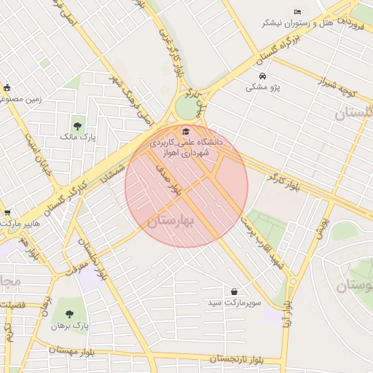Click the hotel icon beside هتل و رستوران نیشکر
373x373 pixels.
pyautogui.click(x=297, y=12)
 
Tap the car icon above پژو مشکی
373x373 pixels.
pyautogui.click(x=262, y=76)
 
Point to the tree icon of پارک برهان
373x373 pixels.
pyautogui.click(x=69, y=315)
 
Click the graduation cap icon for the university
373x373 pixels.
pyautogui.click(x=185, y=132)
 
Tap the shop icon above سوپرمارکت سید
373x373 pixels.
pyautogui.click(x=234, y=291)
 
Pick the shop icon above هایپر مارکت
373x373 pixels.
pyautogui.click(x=7, y=213)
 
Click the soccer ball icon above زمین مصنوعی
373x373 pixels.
pyautogui.click(x=7, y=87)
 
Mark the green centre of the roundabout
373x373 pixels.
pyautogui.click(x=187, y=109)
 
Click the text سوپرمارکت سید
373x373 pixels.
pyautogui.click(x=235, y=302)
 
